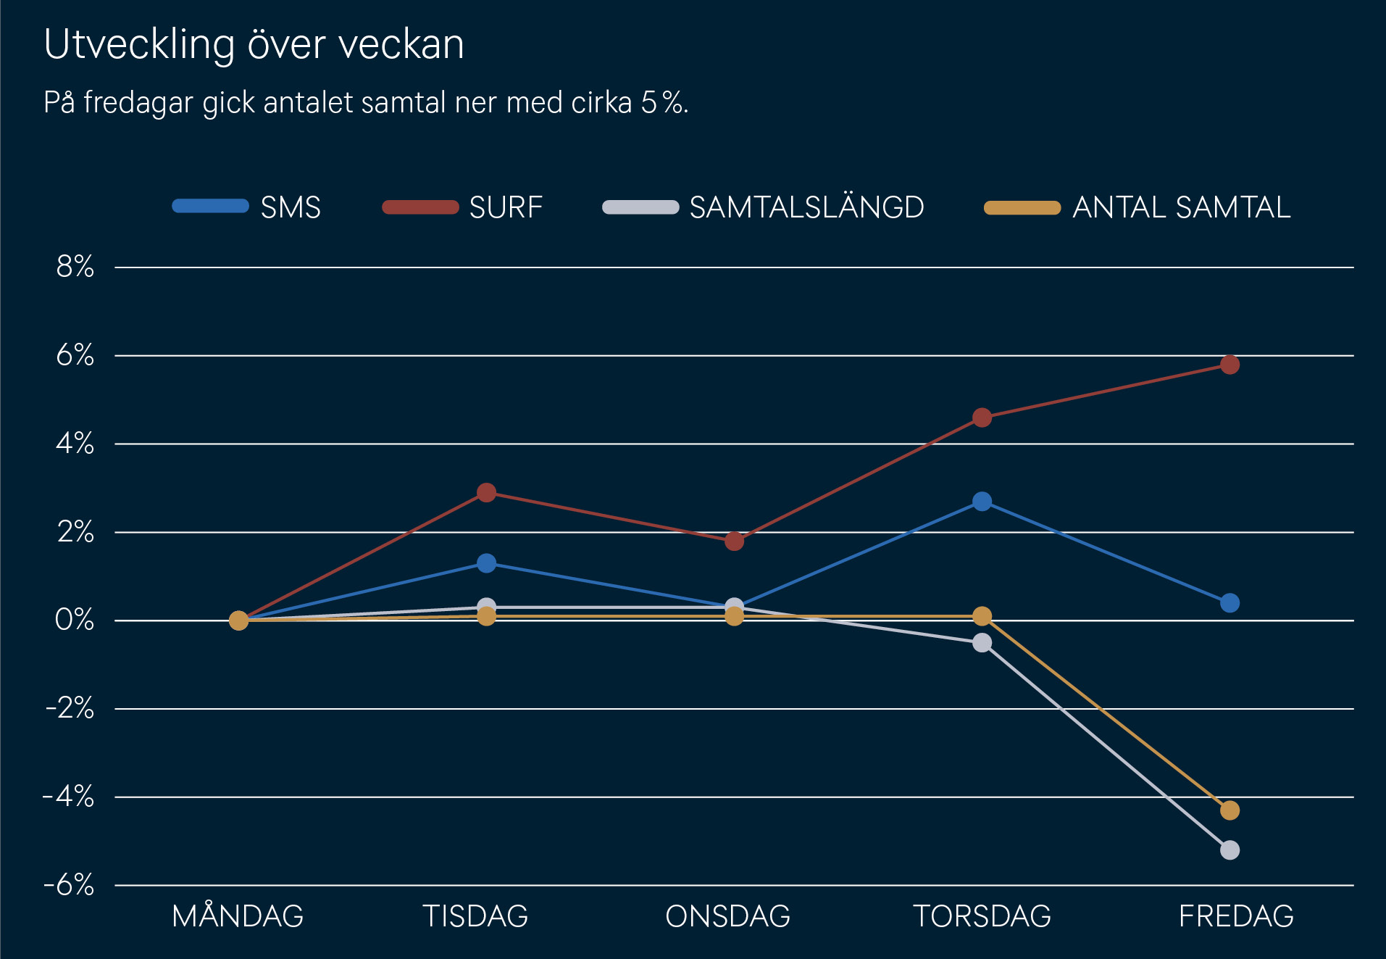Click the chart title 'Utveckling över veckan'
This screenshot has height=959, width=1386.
(x=254, y=45)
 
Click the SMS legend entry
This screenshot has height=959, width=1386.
(x=246, y=207)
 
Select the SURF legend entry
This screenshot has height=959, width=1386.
(x=462, y=207)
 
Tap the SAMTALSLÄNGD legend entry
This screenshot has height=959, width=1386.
(x=763, y=207)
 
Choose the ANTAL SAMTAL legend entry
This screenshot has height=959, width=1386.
(x=1137, y=207)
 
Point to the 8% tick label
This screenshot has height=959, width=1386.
(x=75, y=267)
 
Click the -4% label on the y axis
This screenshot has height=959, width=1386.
(x=69, y=797)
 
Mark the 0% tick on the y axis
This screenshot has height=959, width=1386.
(x=75, y=620)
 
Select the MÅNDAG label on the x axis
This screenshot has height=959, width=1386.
(x=238, y=916)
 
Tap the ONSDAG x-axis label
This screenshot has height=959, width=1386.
(x=727, y=916)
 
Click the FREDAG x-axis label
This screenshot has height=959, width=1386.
(x=1236, y=916)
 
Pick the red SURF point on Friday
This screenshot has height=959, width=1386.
(x=1230, y=365)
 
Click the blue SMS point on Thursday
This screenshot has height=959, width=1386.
(x=982, y=502)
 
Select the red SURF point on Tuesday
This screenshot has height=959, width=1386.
(x=486, y=493)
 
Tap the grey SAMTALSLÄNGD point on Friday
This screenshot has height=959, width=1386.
(x=1230, y=850)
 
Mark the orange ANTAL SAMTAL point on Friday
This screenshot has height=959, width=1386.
(x=1230, y=810)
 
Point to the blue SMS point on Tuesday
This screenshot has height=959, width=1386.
(x=486, y=563)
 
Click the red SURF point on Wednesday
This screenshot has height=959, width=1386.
(x=734, y=541)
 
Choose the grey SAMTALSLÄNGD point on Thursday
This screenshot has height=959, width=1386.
(x=982, y=643)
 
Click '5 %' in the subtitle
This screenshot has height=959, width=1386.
(x=662, y=103)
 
